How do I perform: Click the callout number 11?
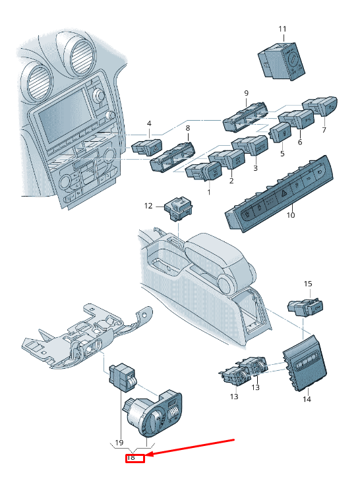pos(282,29)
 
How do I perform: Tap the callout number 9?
pos(247,93)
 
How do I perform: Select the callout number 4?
pos(149,123)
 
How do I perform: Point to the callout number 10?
pos(291,215)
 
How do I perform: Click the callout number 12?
pos(148,206)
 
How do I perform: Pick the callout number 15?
pos(308,284)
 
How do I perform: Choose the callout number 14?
pos(307,398)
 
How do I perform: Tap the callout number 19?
pos(119,442)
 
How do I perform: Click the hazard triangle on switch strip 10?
pos(284,193)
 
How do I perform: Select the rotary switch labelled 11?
pos(282,61)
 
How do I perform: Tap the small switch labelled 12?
pos(179,208)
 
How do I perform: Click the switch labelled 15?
pos(305,307)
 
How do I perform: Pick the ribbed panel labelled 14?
pos(305,362)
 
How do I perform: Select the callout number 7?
pos(324,130)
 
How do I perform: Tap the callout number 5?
pos(282,154)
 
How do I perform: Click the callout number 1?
pos(209,192)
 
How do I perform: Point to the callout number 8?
pos(188,128)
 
